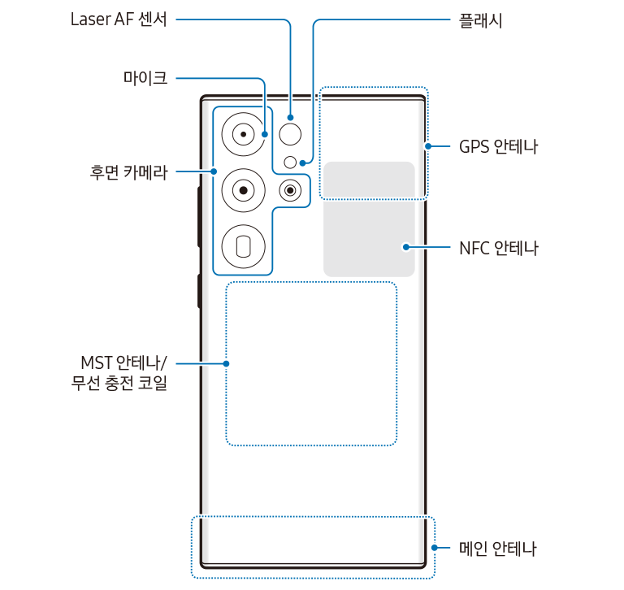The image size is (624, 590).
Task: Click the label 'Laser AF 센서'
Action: [119, 20]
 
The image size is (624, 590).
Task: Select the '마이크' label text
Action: [145, 78]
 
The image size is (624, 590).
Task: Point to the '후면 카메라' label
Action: [128, 171]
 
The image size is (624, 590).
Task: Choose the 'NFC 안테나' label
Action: [498, 247]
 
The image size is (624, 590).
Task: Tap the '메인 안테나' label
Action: [497, 549]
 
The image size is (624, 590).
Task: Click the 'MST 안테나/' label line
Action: [123, 362]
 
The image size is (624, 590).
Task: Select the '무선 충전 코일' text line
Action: [119, 383]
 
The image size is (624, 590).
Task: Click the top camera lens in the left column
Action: [243, 133]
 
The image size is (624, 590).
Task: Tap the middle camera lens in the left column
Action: [243, 190]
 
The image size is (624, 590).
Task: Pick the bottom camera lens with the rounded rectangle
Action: [243, 246]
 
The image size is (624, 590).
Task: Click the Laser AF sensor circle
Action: [290, 133]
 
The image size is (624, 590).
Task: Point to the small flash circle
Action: [290, 163]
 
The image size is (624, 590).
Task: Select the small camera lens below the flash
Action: [290, 190]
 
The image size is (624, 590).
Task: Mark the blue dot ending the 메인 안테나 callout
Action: [435, 549]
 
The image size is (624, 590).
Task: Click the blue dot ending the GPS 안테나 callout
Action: [427, 146]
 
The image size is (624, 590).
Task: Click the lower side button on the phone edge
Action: [198, 291]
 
